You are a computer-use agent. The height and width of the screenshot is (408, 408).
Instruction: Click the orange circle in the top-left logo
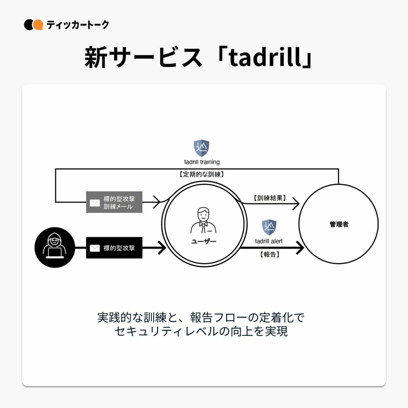[x=38, y=25]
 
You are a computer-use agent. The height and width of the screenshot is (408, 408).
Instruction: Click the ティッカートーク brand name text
[x=78, y=25]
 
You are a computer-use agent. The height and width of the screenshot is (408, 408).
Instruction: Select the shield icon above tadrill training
[x=201, y=148]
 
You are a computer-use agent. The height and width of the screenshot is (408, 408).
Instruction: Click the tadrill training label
[x=202, y=162]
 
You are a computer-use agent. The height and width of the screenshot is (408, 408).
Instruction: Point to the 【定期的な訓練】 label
[x=202, y=174]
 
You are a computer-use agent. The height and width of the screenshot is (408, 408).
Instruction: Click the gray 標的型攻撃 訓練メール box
[x=114, y=202]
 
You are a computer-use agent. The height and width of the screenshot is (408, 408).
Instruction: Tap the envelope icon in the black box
[x=95, y=248]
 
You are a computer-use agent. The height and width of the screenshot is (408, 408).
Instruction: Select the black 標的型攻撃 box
[x=114, y=248]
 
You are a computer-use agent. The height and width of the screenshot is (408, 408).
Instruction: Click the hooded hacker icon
[x=55, y=247]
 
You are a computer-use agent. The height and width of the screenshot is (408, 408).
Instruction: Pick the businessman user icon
[x=203, y=220]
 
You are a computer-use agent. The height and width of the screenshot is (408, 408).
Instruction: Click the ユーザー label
[x=204, y=241]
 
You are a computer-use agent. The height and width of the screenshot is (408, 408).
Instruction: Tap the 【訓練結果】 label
[x=270, y=198]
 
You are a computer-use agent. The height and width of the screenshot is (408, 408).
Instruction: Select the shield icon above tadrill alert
[x=269, y=227]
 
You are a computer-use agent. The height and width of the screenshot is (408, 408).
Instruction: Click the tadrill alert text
[x=269, y=241]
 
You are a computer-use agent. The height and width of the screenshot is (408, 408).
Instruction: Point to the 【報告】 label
[x=270, y=254]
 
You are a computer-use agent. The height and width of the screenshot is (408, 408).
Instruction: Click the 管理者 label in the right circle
[x=339, y=224]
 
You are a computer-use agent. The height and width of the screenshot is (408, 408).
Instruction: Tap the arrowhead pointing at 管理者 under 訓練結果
[x=296, y=203]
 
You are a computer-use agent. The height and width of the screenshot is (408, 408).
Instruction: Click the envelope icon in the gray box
[x=95, y=203]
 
